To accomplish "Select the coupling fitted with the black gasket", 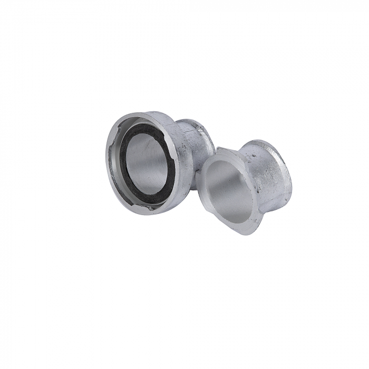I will point(153,158).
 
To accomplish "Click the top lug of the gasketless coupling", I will point(222,151).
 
